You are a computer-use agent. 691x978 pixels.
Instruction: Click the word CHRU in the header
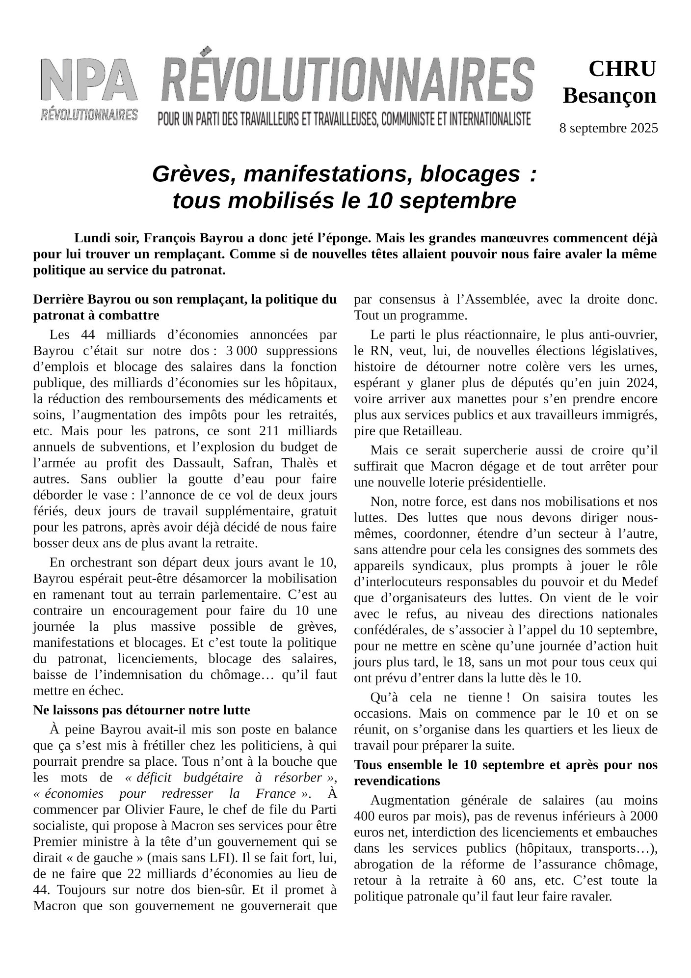pyautogui.click(x=622, y=69)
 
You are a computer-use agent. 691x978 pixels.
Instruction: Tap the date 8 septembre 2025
pyautogui.click(x=609, y=129)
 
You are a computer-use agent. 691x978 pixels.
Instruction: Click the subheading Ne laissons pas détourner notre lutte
pyautogui.click(x=141, y=710)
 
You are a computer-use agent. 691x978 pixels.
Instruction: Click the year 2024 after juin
pyautogui.click(x=642, y=383)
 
